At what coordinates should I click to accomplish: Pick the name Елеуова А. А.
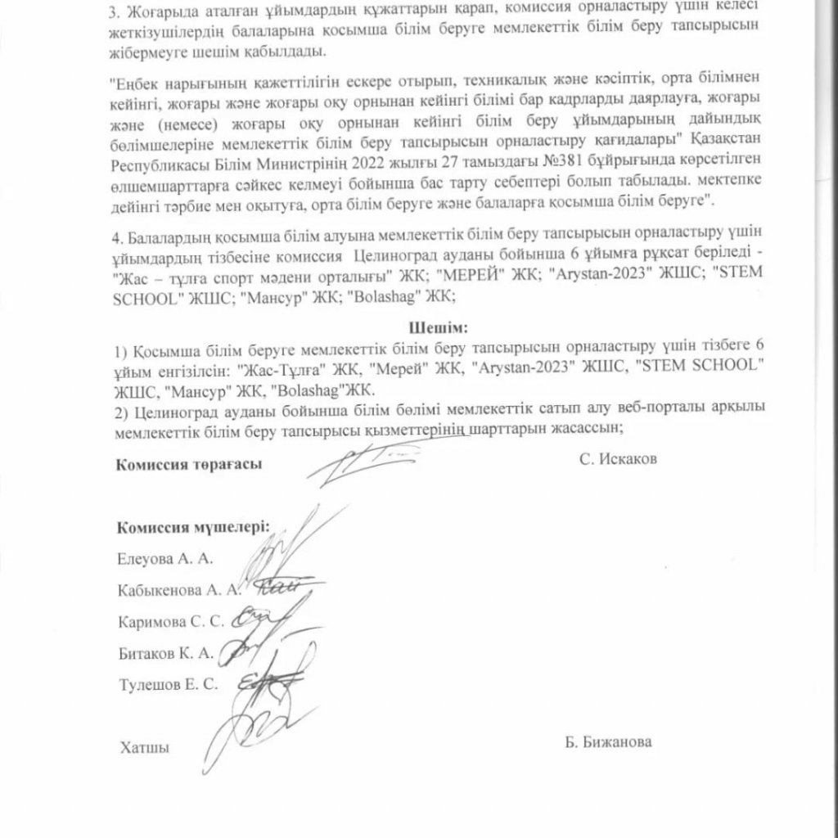164,559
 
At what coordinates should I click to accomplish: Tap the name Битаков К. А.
165,652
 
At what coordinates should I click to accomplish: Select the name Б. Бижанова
608,742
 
